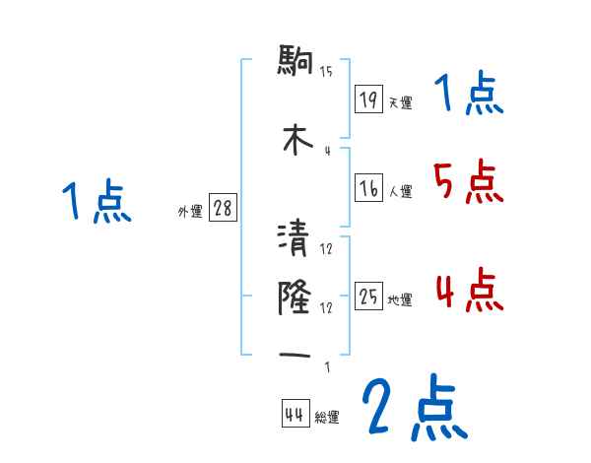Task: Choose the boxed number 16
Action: (x=368, y=189)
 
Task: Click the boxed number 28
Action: (x=223, y=209)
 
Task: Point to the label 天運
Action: (x=400, y=102)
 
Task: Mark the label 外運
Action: (x=189, y=212)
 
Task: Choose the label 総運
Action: (x=327, y=418)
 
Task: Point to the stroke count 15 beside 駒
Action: (x=326, y=71)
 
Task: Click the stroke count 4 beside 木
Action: (x=326, y=150)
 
